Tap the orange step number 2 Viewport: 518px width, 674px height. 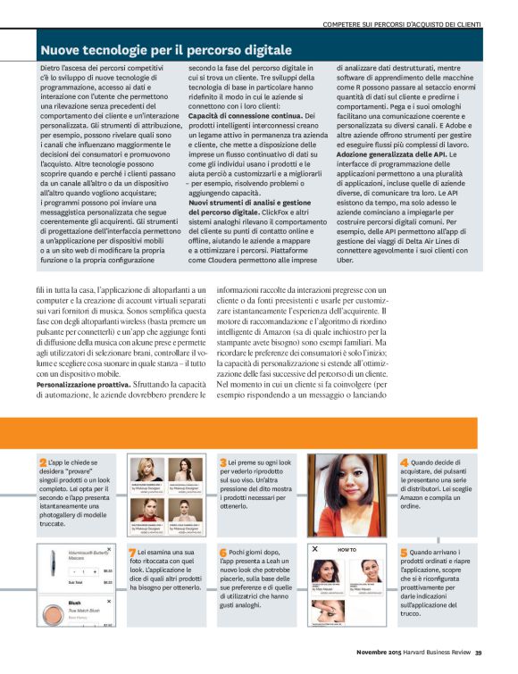pos(43,462)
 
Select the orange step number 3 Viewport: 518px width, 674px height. pos(222,462)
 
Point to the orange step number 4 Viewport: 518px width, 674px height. pos(404,462)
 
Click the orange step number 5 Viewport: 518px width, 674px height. pos(404,553)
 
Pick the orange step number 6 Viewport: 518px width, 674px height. pos(222,553)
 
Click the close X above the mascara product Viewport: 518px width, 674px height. pos(109,550)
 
